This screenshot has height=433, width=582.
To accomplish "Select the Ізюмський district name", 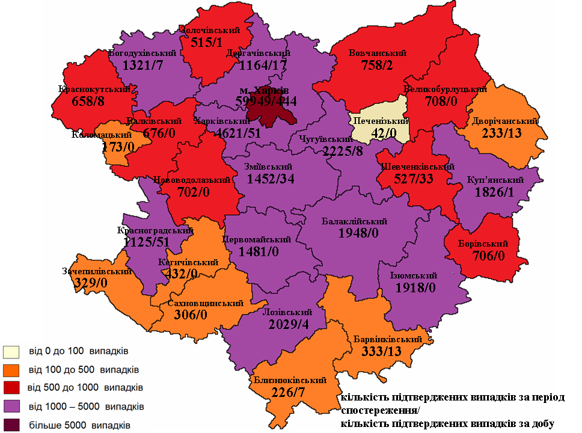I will tap(415, 275).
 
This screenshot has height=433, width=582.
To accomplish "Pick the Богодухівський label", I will tap(144, 53).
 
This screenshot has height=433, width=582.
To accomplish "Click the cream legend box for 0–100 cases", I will tap(12, 351).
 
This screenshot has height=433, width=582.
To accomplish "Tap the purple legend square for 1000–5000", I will tap(12, 407).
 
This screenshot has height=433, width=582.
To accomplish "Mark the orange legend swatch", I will tap(12, 368).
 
